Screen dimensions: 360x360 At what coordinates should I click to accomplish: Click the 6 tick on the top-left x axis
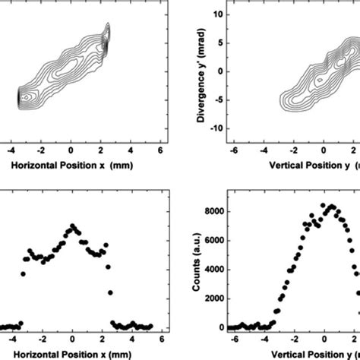160,150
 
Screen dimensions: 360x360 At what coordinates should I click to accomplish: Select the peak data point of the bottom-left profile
72,226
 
